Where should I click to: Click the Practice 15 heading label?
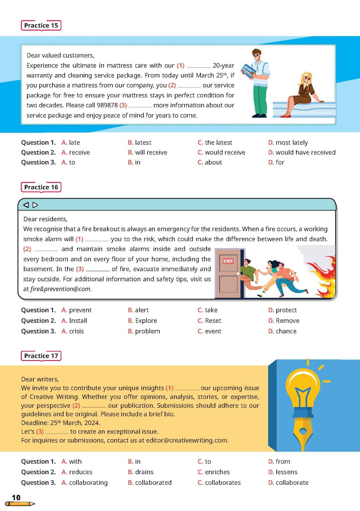41,26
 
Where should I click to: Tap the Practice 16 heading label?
41,187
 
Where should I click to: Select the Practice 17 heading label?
41,356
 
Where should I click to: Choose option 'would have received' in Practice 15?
305,152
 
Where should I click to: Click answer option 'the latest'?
218,142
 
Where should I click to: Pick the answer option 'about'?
213,162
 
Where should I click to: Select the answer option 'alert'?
142,310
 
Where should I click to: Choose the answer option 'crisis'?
76,331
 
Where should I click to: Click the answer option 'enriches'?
217,472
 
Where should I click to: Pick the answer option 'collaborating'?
88,482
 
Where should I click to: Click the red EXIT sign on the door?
228,261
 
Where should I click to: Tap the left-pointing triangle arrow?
26,205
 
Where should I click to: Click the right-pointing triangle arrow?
35,205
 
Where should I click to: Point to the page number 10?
16,497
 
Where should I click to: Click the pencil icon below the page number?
20,504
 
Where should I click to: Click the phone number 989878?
107,105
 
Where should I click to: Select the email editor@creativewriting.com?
187,440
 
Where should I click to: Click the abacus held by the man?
248,71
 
